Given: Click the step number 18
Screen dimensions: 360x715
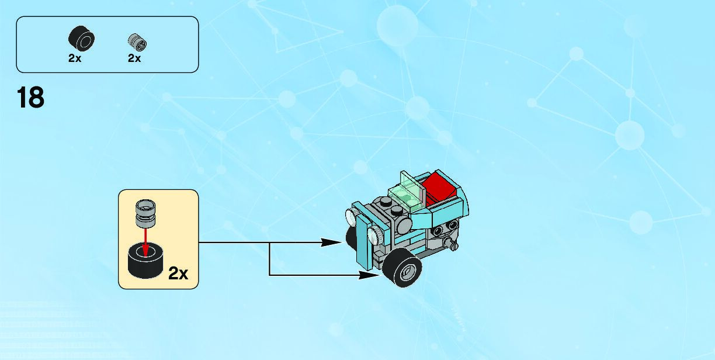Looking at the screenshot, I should pos(31,98).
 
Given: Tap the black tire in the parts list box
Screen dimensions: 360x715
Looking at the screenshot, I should pos(82,39).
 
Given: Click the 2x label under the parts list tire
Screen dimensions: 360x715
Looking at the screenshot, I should pos(75,58).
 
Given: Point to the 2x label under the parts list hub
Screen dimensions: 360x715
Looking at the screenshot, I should pos(134,58).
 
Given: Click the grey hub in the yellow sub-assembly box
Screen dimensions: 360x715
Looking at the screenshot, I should pos(145,213).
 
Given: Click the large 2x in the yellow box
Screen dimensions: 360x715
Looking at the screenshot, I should pos(178,274).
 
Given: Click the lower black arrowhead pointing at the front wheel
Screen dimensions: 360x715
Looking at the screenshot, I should pos(370,274).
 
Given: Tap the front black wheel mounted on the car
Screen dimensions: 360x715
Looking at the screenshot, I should pos(403,268).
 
